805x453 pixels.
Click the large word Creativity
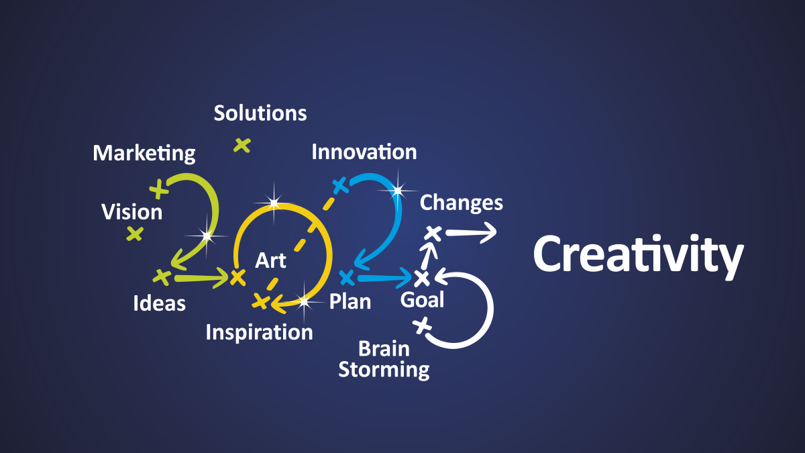tap(638, 256)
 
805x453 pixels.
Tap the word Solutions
tap(260, 113)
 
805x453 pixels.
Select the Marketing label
tap(144, 154)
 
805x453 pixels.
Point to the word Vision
tap(132, 212)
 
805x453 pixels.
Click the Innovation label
tap(364, 152)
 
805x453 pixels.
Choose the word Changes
tap(462, 203)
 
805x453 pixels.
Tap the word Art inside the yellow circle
tap(270, 260)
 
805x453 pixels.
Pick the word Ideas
tap(159, 303)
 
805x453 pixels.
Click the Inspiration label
tap(259, 333)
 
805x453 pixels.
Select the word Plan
tap(350, 301)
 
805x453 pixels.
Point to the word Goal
tap(422, 300)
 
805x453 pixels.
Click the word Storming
tap(384, 370)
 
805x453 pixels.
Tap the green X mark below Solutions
tap(242, 146)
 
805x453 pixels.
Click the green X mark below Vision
tap(135, 234)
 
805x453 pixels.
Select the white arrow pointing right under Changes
tap(471, 233)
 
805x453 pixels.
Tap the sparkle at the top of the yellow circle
tap(274, 203)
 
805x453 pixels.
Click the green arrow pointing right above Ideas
tap(202, 278)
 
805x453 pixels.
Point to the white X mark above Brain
tap(422, 325)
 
